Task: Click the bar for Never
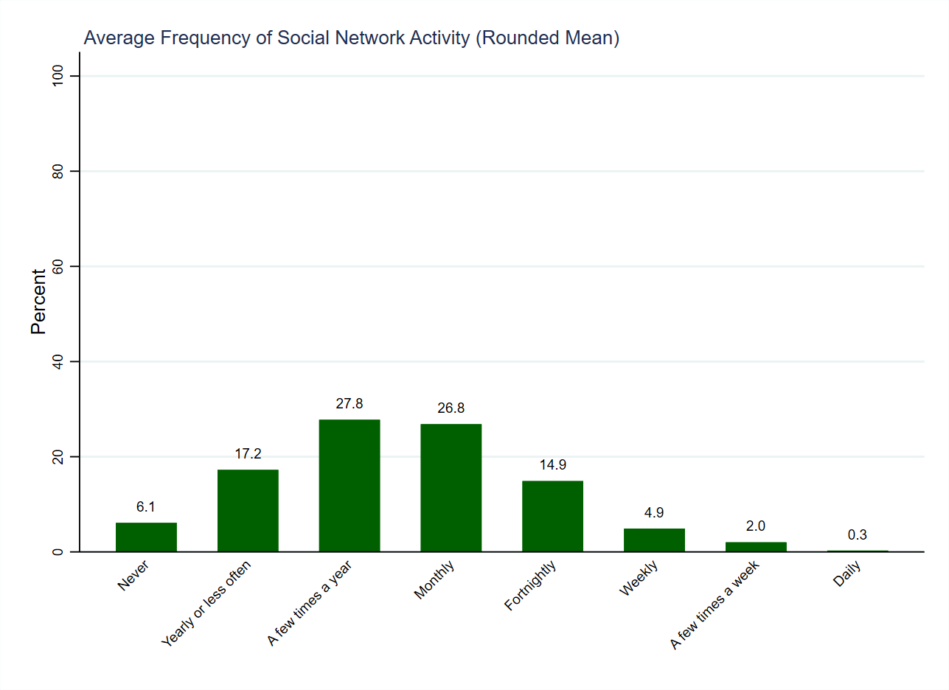point(146,537)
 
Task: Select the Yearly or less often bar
point(248,511)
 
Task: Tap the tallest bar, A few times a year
point(350,486)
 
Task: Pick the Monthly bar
point(451,488)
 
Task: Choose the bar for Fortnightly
point(552,516)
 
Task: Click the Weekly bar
point(654,540)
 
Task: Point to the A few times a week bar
point(756,547)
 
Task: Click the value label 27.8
point(350,404)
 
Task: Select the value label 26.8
point(451,408)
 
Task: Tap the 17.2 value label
point(248,454)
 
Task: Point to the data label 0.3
point(857,535)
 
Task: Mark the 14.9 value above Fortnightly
point(552,465)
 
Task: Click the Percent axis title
point(38,301)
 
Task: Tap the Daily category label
point(847,574)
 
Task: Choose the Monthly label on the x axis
point(434,581)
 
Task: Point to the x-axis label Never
point(133,576)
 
